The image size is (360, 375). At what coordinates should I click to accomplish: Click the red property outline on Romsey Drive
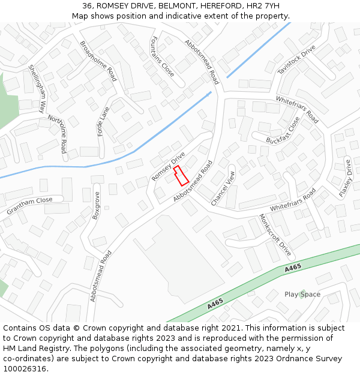point(181,176)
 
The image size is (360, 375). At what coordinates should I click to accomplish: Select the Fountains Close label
point(162,56)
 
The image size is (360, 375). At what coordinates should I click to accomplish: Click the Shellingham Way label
point(37,89)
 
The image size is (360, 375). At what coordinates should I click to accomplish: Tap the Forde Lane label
point(104,121)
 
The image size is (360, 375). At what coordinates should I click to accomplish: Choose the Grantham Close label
point(29,206)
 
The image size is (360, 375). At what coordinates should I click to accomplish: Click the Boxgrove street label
point(95,205)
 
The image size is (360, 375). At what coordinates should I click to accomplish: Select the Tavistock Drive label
point(296,60)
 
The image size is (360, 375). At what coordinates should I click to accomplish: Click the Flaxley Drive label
point(345,178)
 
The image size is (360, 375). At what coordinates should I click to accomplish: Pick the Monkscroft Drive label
point(274,235)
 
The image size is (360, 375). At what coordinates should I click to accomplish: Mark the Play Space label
point(302,295)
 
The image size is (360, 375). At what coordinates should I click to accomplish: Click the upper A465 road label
point(293,268)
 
